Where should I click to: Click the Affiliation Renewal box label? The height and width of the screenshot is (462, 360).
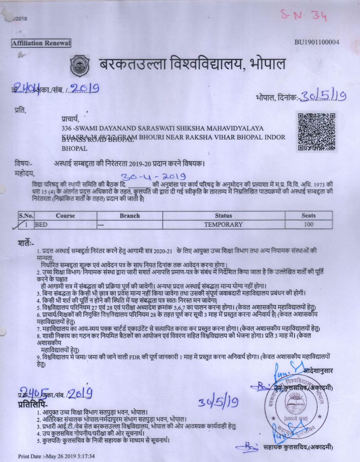pyautogui.click(x=41, y=43)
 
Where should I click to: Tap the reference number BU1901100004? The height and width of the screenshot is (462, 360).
pyautogui.click(x=317, y=42)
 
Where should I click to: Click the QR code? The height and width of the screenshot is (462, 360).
pyautogui.click(x=317, y=132)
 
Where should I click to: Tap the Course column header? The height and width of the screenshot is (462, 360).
pyautogui.click(x=65, y=216)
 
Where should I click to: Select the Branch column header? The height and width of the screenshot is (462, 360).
pyautogui.click(x=130, y=216)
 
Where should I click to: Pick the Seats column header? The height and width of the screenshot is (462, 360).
pyautogui.click(x=308, y=216)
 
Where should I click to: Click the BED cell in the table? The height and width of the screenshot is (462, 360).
pyautogui.click(x=41, y=224)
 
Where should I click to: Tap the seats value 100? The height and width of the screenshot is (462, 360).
pyautogui.click(x=308, y=224)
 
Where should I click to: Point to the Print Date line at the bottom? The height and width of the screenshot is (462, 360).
pyautogui.click(x=56, y=456)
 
